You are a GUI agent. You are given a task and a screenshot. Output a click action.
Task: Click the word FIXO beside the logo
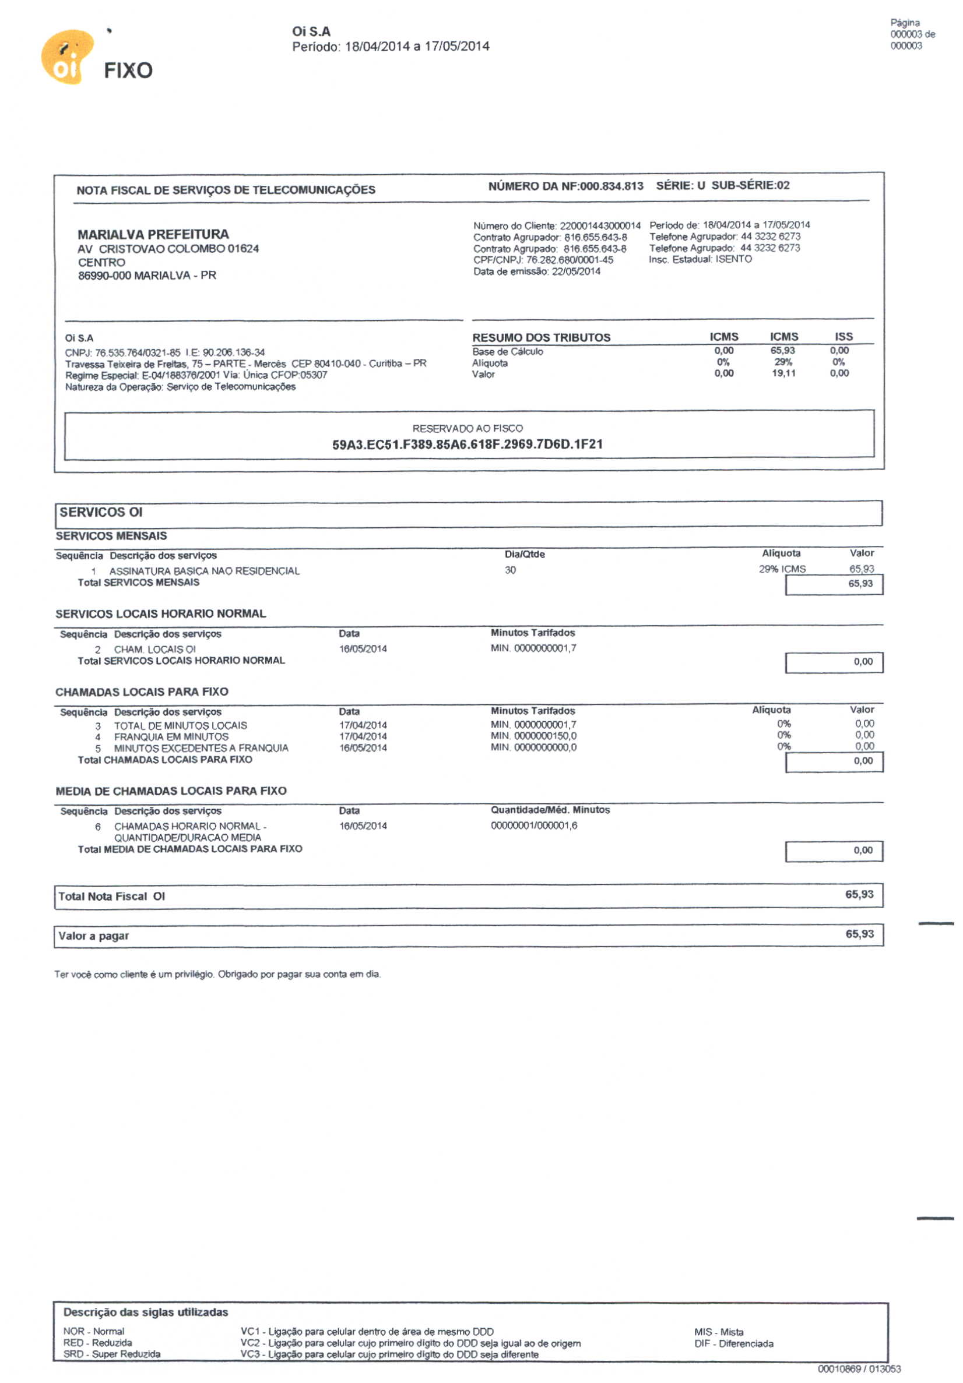[x=128, y=71]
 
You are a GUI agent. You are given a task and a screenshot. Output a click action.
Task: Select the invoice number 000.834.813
[x=610, y=186]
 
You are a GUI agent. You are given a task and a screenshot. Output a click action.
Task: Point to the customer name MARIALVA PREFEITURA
[x=153, y=234]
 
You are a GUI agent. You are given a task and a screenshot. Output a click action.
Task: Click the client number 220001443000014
[x=600, y=226]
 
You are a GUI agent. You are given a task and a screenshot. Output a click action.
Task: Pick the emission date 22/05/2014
[x=575, y=271]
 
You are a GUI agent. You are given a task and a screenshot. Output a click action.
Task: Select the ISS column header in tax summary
[x=843, y=337]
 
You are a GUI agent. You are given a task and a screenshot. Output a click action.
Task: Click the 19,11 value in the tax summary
[x=783, y=373]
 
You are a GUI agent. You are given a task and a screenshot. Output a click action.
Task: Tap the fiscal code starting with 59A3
[x=467, y=444]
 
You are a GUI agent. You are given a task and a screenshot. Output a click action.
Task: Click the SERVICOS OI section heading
[x=101, y=513]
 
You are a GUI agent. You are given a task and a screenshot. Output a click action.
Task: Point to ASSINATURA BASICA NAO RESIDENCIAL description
[x=203, y=571]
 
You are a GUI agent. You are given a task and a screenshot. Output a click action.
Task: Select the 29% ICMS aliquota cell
[x=782, y=569]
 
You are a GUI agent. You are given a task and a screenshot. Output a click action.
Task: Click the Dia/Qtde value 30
[x=510, y=570]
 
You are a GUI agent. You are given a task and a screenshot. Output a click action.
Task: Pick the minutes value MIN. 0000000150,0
[x=533, y=736]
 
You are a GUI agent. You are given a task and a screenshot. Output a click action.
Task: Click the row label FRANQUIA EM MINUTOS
[x=171, y=737]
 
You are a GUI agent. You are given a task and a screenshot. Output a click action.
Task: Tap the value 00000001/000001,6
[x=533, y=826]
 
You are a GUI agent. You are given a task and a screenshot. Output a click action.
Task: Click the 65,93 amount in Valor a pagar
[x=859, y=934]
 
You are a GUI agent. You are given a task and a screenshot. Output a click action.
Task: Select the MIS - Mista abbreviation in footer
[x=718, y=1332]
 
